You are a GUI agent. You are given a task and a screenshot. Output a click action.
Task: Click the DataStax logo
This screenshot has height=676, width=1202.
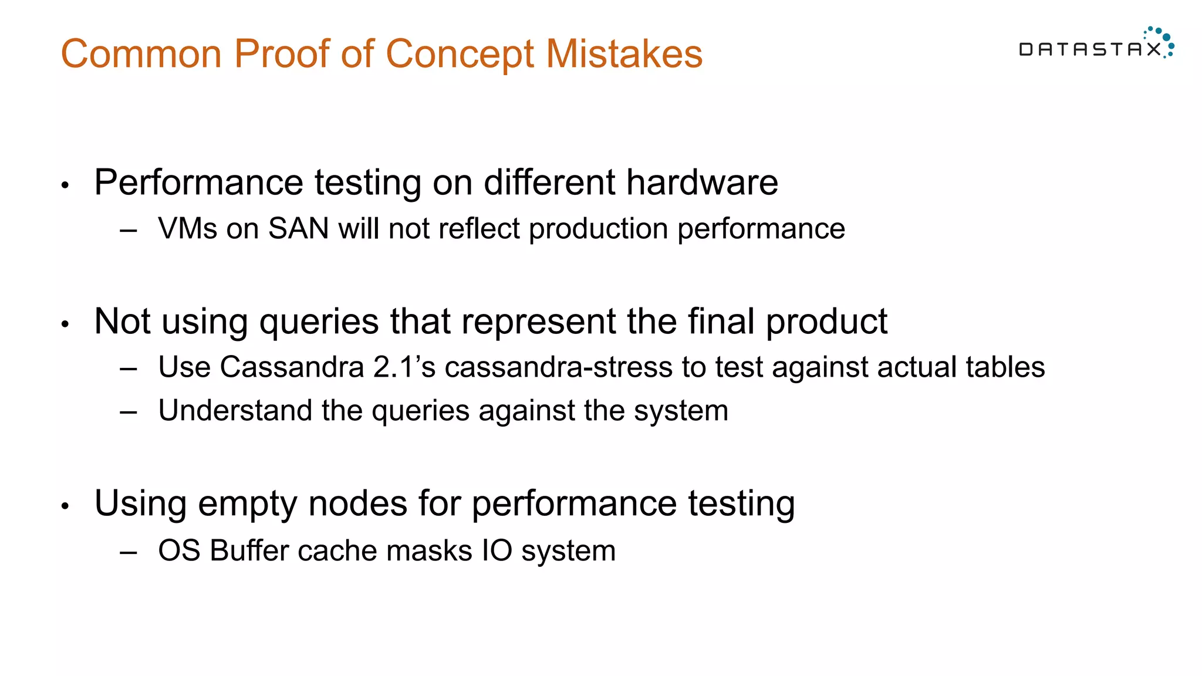[x=1095, y=45]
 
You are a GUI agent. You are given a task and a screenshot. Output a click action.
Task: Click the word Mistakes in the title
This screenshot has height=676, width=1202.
[x=624, y=54]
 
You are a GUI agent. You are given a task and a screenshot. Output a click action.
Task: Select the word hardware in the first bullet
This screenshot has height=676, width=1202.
[x=701, y=182]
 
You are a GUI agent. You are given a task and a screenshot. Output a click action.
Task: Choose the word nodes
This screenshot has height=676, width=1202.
[x=357, y=503]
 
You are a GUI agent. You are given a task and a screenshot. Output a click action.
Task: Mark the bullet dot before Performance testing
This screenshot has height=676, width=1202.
[x=65, y=186]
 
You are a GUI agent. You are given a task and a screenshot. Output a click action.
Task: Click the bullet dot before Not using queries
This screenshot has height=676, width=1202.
[x=65, y=325]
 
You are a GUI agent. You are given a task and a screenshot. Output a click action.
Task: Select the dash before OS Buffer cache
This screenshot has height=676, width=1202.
[x=128, y=552]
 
